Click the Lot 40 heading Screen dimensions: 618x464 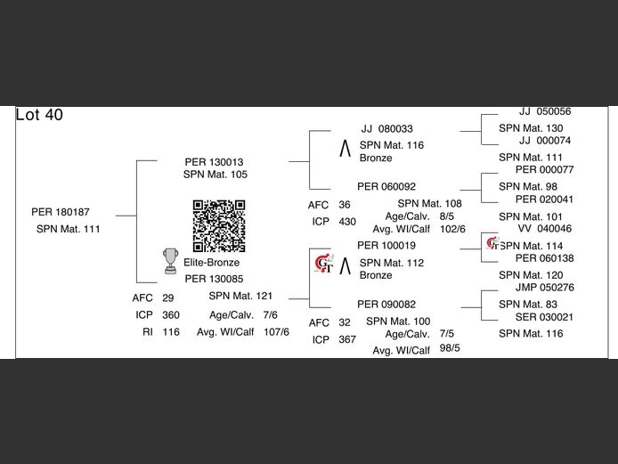click(x=39, y=115)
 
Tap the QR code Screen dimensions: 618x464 click(x=219, y=226)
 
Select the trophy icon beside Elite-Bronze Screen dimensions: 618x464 click(x=171, y=261)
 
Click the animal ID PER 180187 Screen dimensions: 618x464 click(x=61, y=212)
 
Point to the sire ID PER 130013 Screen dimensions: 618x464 click(x=214, y=162)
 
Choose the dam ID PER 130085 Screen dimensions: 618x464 click(x=214, y=279)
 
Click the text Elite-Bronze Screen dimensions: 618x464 click(x=212, y=263)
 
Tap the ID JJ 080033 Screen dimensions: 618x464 click(x=387, y=129)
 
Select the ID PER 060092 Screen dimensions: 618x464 click(x=386, y=186)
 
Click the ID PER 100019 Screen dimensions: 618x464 click(x=386, y=246)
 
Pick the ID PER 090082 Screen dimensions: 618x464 click(x=386, y=305)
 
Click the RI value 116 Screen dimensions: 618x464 click(x=171, y=332)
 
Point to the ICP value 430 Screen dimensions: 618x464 click(x=347, y=222)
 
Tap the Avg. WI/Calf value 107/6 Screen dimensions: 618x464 click(x=276, y=332)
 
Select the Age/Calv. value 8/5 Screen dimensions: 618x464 click(x=446, y=216)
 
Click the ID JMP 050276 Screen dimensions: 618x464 click(x=545, y=288)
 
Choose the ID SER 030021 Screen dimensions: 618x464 click(x=544, y=317)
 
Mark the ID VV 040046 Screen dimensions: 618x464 click(x=545, y=228)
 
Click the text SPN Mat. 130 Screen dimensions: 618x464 click(x=531, y=128)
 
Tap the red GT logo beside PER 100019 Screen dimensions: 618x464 click(x=324, y=264)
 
